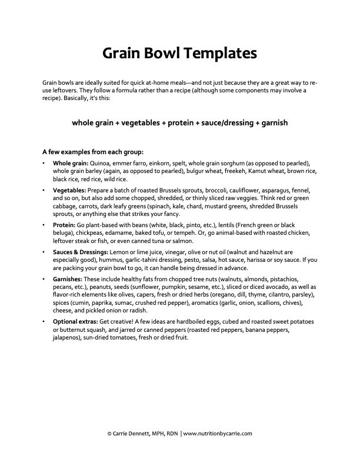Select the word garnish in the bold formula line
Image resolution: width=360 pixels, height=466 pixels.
pyautogui.click(x=272, y=124)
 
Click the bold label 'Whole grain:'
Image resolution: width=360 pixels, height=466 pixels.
pyautogui.click(x=71, y=163)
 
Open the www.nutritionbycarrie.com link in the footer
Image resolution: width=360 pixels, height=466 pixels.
pyautogui.click(x=218, y=433)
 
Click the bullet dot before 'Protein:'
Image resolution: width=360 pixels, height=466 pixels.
pyautogui.click(x=45, y=226)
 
